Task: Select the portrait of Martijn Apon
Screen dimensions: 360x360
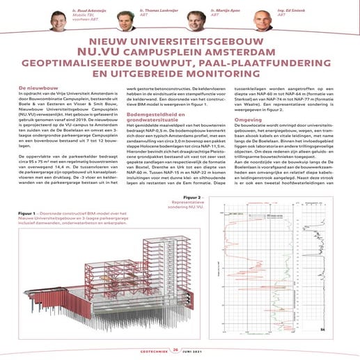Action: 194,21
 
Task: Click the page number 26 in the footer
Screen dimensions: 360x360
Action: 176,351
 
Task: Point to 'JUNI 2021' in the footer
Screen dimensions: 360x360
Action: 198,351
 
